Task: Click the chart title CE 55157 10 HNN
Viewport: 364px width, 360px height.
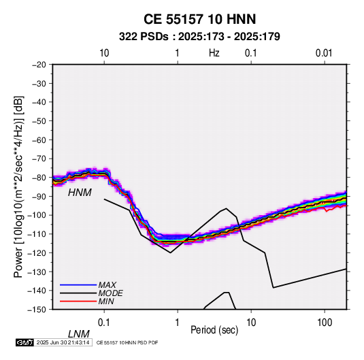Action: click(199, 19)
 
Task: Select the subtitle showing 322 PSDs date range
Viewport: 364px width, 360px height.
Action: click(199, 37)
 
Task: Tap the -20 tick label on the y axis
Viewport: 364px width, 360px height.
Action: click(39, 65)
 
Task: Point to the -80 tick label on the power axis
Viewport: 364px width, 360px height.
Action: click(39, 178)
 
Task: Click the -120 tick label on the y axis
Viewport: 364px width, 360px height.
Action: click(37, 252)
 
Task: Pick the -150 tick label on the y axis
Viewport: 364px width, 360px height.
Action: click(37, 310)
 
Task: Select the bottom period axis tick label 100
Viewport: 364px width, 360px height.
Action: click(325, 323)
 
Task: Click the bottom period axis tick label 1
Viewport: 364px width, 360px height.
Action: click(178, 323)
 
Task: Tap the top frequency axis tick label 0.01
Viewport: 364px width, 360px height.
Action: click(324, 53)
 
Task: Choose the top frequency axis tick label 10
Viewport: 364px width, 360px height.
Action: click(104, 53)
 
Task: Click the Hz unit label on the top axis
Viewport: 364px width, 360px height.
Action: click(214, 53)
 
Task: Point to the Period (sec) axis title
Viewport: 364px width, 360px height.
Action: click(214, 330)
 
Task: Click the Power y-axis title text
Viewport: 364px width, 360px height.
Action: click(18, 187)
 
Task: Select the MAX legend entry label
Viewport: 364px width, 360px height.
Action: click(107, 285)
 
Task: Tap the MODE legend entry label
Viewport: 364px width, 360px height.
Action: click(110, 293)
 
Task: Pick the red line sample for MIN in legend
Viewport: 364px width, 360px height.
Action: click(78, 301)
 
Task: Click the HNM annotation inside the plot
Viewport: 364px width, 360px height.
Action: click(80, 193)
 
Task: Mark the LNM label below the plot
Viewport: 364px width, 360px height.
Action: click(79, 334)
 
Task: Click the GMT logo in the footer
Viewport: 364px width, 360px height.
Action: click(25, 342)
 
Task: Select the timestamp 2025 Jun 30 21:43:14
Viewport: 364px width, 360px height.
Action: click(63, 342)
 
